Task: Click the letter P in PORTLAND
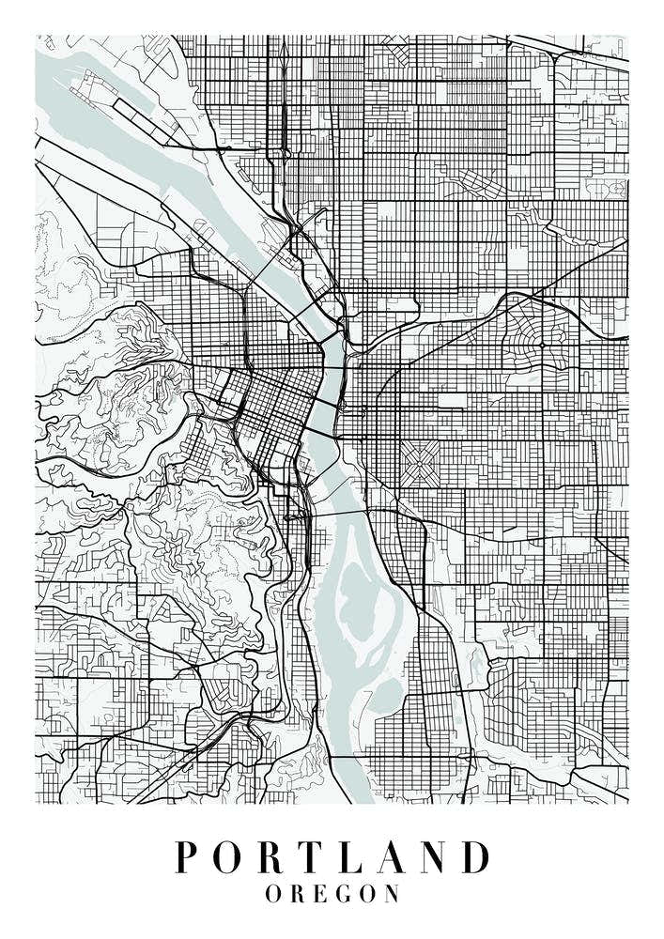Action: pyautogui.click(x=188, y=857)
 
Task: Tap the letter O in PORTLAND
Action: pyautogui.click(x=231, y=857)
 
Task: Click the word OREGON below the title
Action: pyautogui.click(x=332, y=893)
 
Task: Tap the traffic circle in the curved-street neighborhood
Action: pyautogui.click(x=542, y=345)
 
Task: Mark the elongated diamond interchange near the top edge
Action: pyautogui.click(x=282, y=70)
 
